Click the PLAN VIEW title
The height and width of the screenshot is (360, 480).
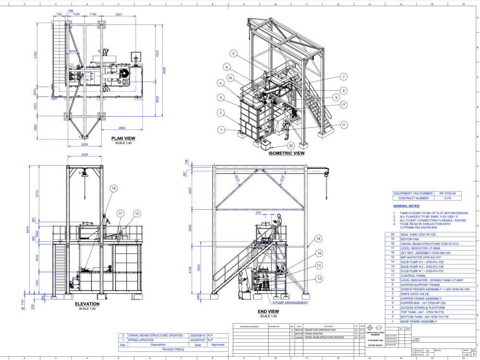123,138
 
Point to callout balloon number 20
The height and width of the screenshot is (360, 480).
290,145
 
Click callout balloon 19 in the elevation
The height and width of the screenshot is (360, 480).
113,189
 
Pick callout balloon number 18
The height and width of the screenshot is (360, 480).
318,239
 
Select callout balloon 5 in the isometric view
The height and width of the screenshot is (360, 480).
233,53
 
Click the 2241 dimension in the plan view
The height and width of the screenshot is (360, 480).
119,14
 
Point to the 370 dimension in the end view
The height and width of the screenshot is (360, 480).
271,213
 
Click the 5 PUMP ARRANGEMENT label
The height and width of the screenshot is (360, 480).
290,303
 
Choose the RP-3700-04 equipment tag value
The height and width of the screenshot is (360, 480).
449,193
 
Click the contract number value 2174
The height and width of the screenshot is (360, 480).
449,198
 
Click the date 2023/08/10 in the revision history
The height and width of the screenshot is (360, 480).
198,336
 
